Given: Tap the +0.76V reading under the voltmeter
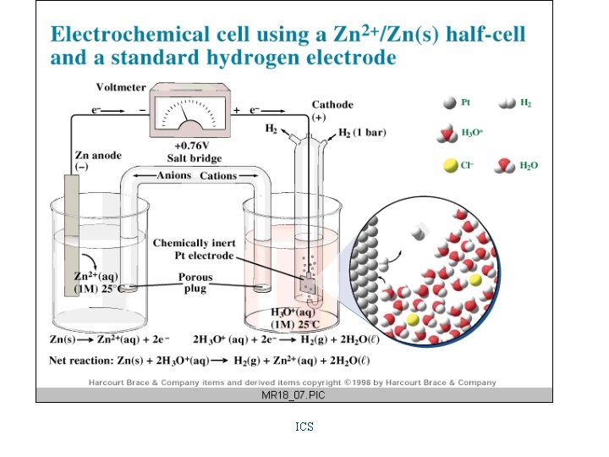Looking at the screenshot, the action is point(195,145).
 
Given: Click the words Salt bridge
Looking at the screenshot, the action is point(195,158).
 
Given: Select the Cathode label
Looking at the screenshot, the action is point(332,105).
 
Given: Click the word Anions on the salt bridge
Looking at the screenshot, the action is point(174,176).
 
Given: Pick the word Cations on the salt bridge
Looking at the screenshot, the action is point(218,176).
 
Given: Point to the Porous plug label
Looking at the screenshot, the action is point(195,282).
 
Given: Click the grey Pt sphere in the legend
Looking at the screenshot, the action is point(449,103).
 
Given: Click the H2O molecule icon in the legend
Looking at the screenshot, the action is point(506,165).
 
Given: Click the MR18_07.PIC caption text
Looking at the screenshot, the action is point(294,395).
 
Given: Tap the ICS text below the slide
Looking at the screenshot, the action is point(304,427).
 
